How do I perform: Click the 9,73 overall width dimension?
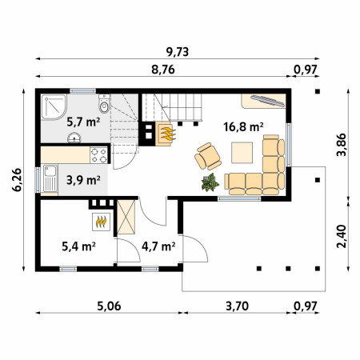(178, 52)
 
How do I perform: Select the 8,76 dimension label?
(163, 70)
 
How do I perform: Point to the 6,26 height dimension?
(17, 180)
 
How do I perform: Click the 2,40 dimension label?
(342, 237)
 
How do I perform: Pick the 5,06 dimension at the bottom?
(109, 306)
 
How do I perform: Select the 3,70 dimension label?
(237, 306)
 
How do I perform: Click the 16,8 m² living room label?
(243, 127)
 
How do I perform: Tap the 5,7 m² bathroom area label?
(83, 122)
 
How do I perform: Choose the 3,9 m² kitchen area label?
(83, 180)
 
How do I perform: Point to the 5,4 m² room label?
(79, 246)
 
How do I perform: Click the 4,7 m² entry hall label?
(158, 246)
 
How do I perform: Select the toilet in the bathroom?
(104, 103)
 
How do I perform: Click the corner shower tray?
(54, 107)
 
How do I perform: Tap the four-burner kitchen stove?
(98, 155)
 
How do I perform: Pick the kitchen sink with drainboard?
(50, 178)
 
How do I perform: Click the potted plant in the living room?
(210, 182)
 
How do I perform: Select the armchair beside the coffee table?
(208, 156)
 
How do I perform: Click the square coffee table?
(242, 153)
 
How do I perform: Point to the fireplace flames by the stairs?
(167, 134)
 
